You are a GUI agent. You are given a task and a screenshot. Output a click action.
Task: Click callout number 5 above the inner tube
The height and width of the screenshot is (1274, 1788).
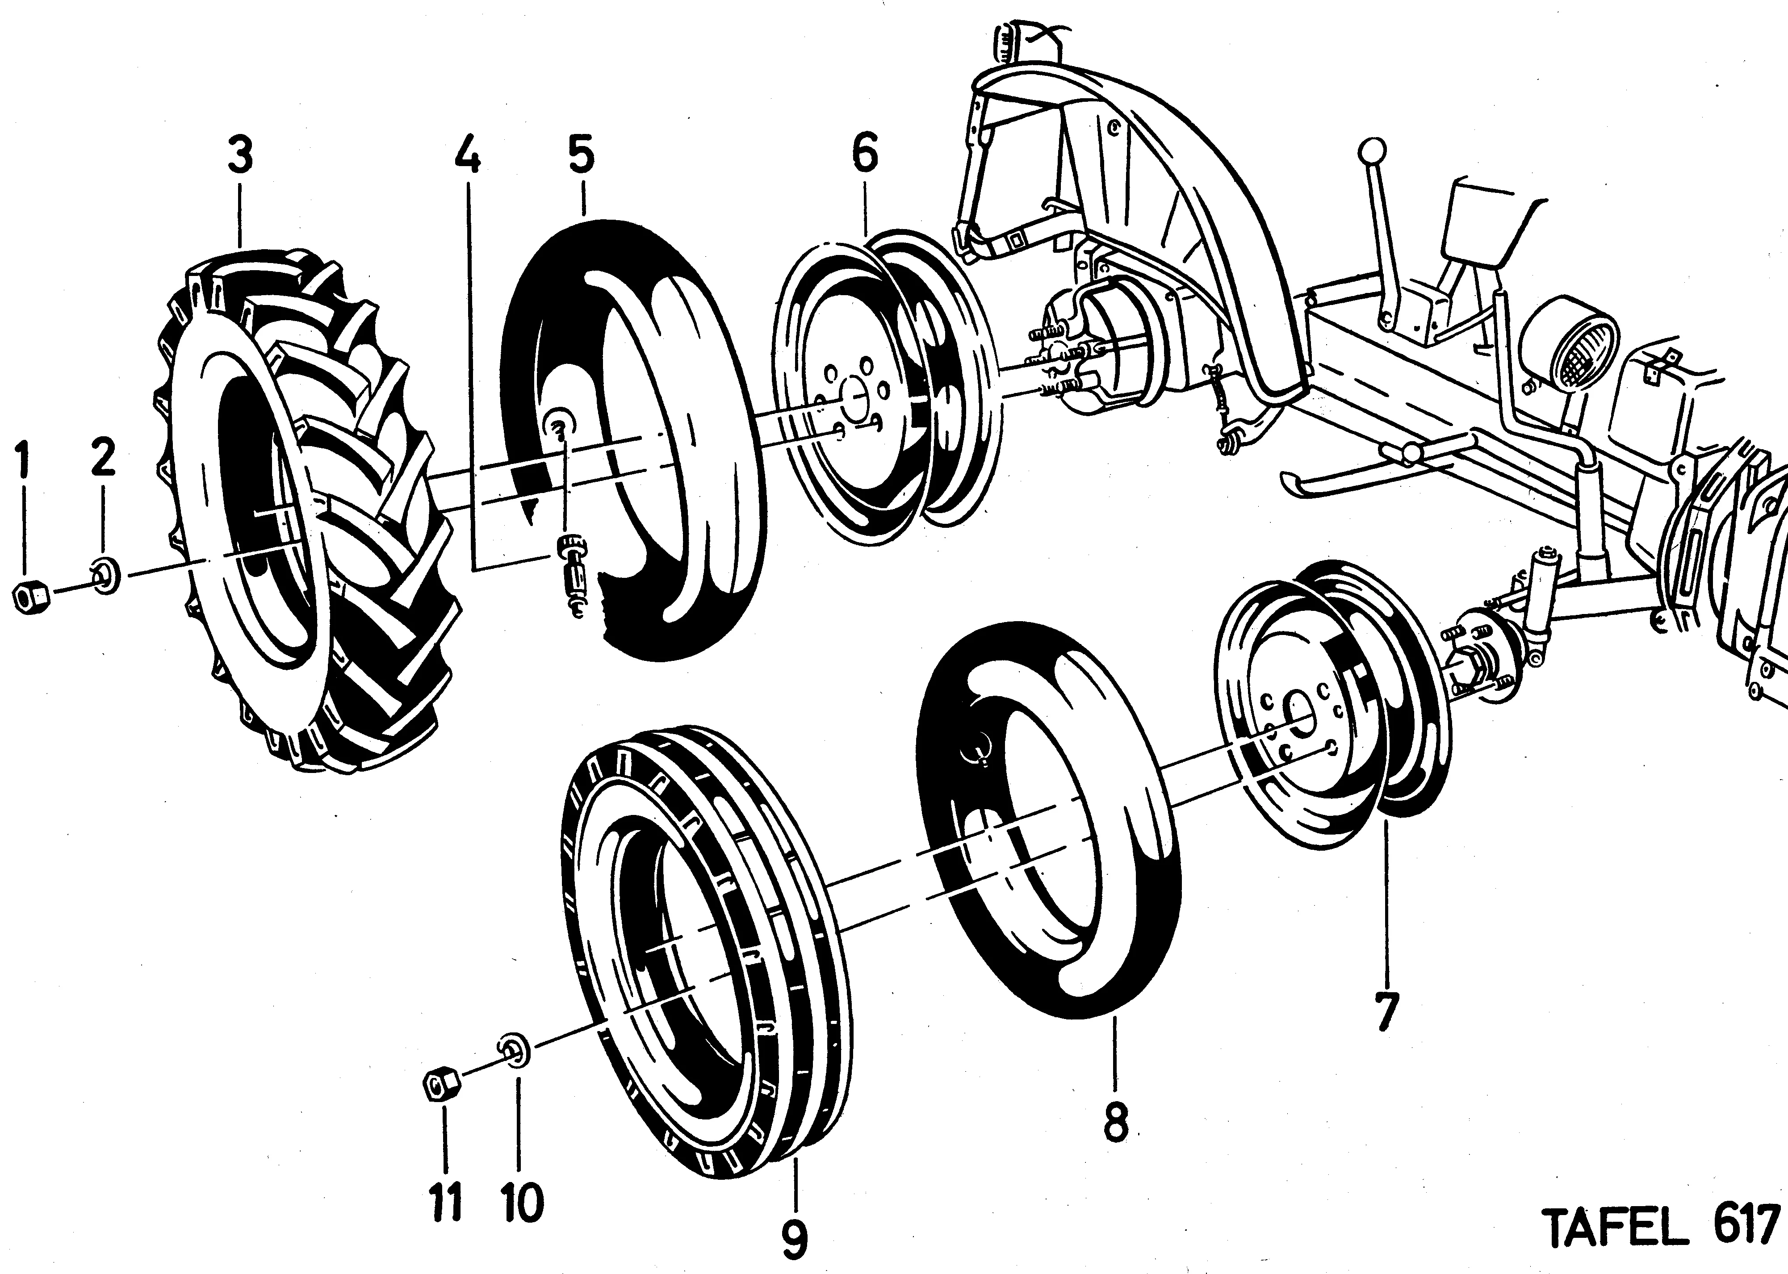pos(582,155)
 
